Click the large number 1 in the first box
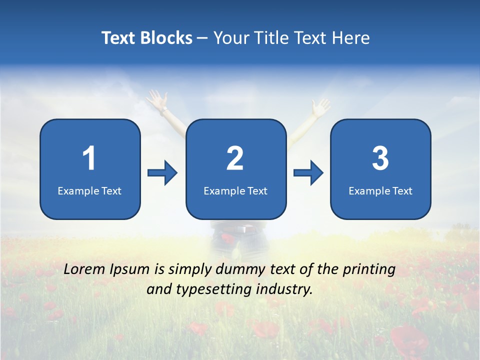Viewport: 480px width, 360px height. coord(89,158)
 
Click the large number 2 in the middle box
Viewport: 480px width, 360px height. coord(235,158)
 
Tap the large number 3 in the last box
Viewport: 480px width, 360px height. coord(380,158)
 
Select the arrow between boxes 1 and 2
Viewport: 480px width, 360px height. coord(163,173)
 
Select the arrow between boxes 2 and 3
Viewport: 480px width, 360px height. coord(308,173)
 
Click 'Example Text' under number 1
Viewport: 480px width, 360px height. coord(89,191)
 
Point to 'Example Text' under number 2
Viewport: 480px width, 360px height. coord(235,191)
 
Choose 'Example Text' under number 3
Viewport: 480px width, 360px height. coord(380,191)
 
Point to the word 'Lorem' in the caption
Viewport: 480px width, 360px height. coord(85,269)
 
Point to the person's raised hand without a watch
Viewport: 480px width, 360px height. coord(320,106)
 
